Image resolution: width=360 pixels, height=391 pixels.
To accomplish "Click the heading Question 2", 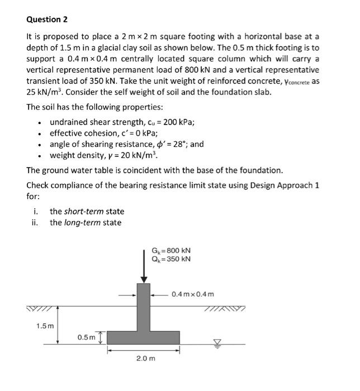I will (x=47, y=20).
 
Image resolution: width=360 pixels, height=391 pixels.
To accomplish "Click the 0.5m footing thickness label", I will (x=86, y=337).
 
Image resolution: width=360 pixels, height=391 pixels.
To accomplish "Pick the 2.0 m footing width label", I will (x=145, y=358).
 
